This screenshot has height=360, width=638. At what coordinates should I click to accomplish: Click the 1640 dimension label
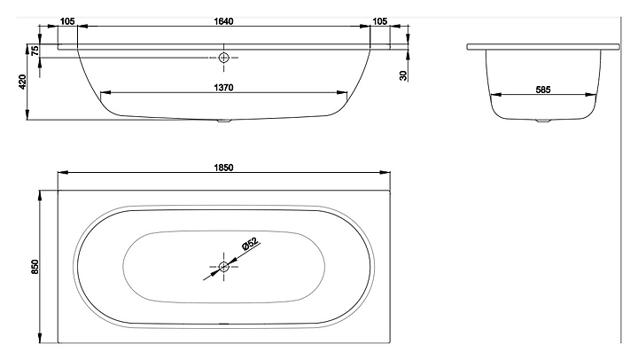click(224, 21)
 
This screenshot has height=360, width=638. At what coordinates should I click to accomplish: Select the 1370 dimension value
click(224, 88)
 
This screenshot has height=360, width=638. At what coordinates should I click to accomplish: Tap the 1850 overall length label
click(224, 168)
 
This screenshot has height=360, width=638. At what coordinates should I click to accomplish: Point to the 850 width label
click(35, 267)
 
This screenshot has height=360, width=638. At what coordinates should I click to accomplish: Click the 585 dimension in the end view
click(543, 90)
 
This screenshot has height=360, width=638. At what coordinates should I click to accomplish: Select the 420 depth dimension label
click(22, 82)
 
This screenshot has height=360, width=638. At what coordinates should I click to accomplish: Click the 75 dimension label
click(35, 51)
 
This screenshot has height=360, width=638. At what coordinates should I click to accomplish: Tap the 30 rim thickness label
click(403, 75)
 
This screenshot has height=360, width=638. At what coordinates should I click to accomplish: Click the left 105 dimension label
click(67, 21)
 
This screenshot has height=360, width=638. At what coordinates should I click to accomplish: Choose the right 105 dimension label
click(380, 21)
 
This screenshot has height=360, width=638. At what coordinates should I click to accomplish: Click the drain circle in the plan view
click(224, 267)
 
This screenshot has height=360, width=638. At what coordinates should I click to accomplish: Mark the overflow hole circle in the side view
click(224, 58)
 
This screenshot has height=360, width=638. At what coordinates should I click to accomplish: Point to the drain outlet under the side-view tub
click(224, 121)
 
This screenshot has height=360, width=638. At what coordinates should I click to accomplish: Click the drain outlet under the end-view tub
click(543, 121)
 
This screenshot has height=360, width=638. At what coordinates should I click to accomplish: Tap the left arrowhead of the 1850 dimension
click(63, 172)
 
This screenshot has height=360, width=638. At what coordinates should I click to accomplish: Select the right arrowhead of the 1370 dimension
click(342, 92)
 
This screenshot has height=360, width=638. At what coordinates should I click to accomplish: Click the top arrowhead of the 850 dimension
click(40, 195)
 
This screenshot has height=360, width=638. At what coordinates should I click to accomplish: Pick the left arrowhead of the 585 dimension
click(495, 95)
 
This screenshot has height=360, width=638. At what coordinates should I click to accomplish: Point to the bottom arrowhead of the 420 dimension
click(27, 114)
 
